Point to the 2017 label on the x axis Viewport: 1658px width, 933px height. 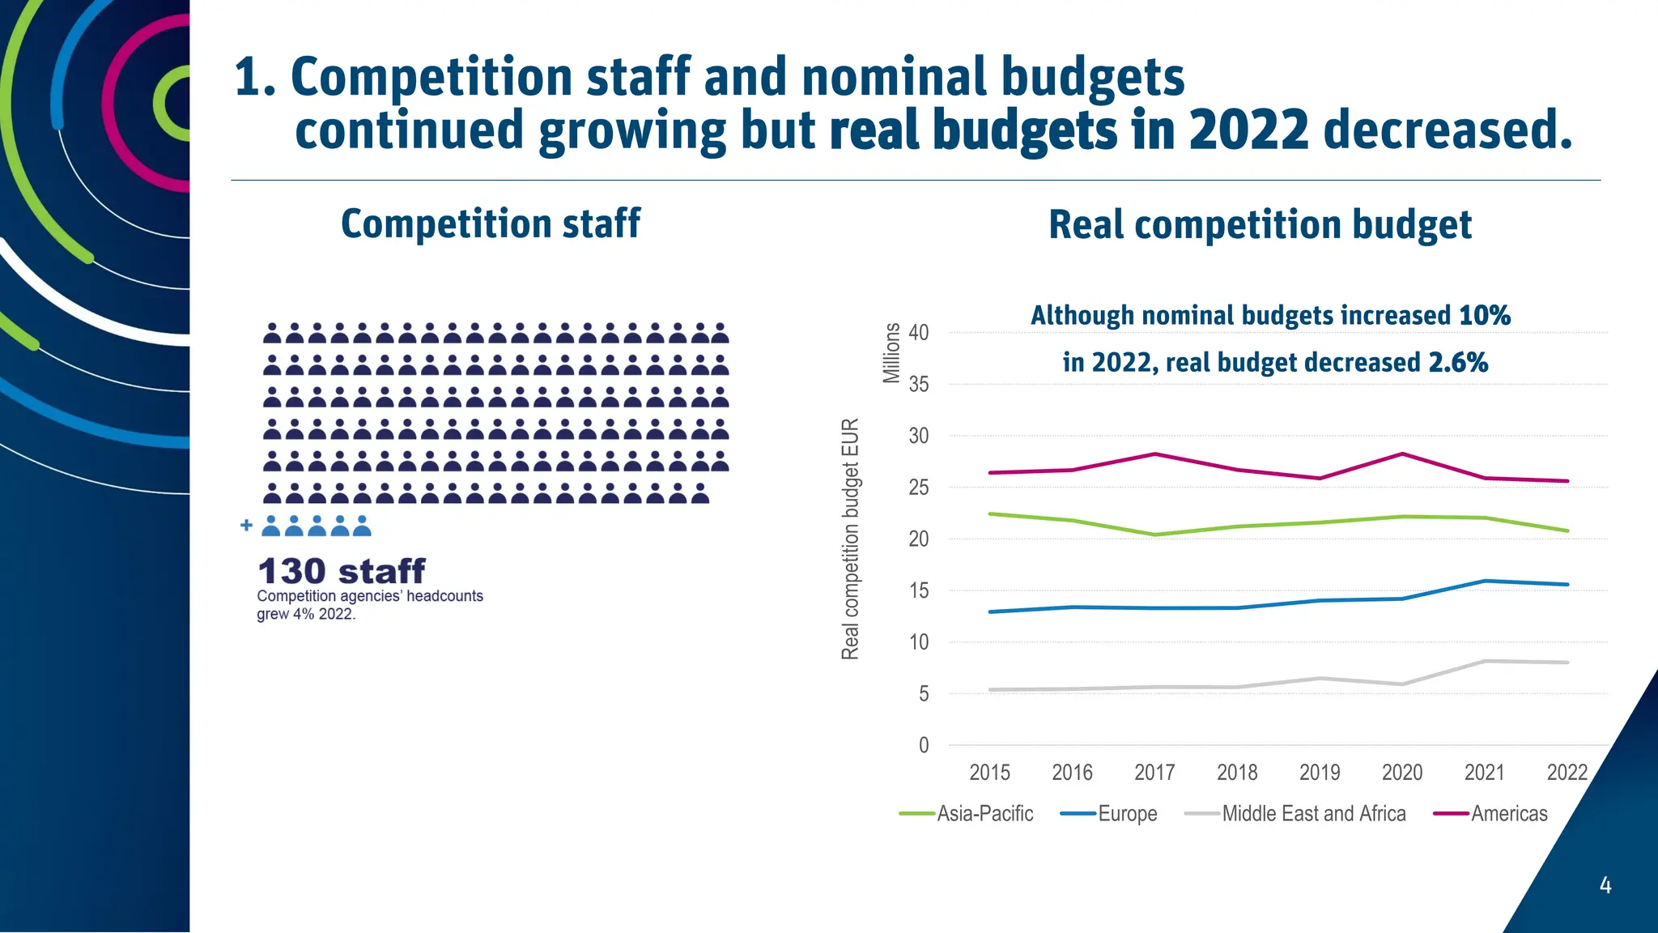[x=1154, y=773]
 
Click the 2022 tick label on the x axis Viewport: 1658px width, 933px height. [x=1567, y=773]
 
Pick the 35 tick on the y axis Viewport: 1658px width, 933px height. [x=919, y=385]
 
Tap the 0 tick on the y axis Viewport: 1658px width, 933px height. [x=924, y=745]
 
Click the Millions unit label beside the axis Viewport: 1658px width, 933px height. [x=891, y=352]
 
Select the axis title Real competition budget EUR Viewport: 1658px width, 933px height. [x=850, y=539]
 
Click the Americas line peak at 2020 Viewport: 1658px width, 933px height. [x=1402, y=454]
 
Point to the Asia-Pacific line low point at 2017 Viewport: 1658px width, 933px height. [x=1154, y=535]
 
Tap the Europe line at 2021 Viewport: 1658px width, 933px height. [x=1485, y=581]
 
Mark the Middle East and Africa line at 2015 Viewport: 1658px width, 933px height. [x=990, y=690]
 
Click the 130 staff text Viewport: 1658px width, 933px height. [x=341, y=571]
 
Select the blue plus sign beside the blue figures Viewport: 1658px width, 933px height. [x=246, y=526]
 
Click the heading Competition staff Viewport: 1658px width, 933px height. [x=490, y=224]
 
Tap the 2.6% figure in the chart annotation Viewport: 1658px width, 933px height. [x=1458, y=362]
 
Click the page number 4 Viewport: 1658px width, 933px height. [x=1605, y=885]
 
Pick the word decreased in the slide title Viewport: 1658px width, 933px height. [x=1447, y=130]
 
